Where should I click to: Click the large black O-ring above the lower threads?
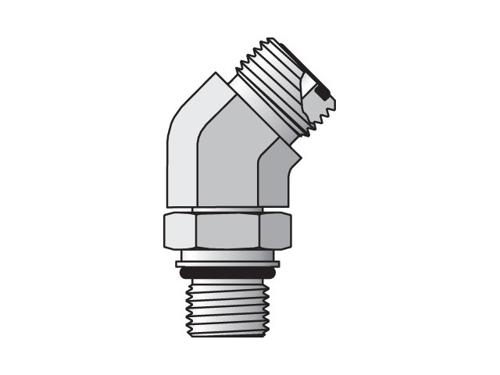pyautogui.click(x=227, y=273)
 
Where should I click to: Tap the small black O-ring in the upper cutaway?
pyautogui.click(x=324, y=95)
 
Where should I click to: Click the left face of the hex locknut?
pyautogui.click(x=179, y=229)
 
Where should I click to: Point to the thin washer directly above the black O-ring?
pyautogui.click(x=227, y=264)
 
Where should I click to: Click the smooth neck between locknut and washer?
pyautogui.click(x=227, y=254)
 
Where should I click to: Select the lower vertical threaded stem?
pyautogui.click(x=227, y=309)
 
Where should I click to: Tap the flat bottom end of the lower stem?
pyautogui.click(x=227, y=334)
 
